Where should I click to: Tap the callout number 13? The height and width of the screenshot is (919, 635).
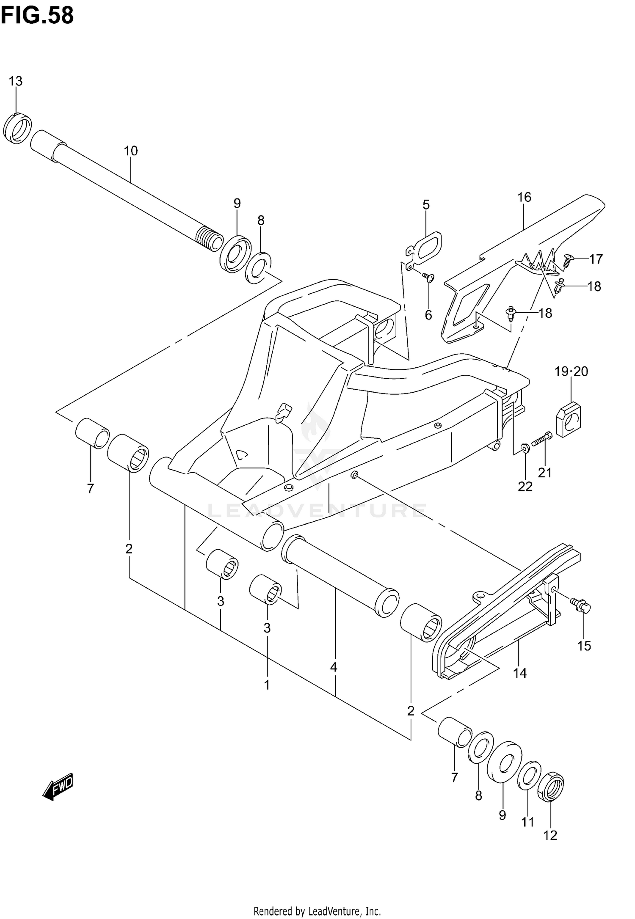tap(16, 81)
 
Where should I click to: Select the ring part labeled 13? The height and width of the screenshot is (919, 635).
tap(17, 129)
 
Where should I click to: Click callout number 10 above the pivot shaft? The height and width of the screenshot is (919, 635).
tap(131, 151)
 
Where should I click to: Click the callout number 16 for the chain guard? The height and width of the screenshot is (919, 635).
tap(524, 197)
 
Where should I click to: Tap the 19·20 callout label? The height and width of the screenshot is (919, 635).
tap(571, 371)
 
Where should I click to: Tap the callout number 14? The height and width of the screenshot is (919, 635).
tap(520, 673)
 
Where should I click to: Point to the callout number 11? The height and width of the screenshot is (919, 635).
tap(527, 822)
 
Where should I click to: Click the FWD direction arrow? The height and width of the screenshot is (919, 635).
tap(58, 787)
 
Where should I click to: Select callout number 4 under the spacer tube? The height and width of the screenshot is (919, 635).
tap(334, 668)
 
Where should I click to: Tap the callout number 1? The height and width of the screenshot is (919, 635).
tap(267, 685)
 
